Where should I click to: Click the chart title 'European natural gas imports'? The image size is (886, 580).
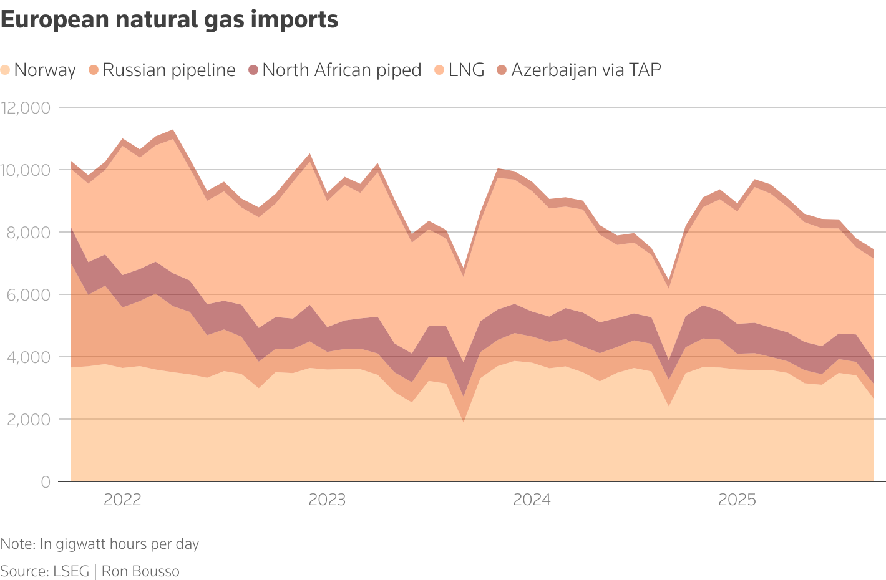pyautogui.click(x=169, y=20)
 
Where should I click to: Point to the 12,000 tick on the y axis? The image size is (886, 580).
pyautogui.click(x=26, y=108)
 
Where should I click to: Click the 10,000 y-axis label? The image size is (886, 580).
pyautogui.click(x=26, y=170)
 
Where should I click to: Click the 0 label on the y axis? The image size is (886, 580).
pyautogui.click(x=46, y=482)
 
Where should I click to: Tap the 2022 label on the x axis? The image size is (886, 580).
pyautogui.click(x=122, y=500)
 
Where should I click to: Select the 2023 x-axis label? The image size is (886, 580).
pyautogui.click(x=327, y=500)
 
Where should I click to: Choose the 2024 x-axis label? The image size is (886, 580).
pyautogui.click(x=532, y=500)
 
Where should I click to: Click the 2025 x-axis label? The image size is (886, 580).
pyautogui.click(x=737, y=500)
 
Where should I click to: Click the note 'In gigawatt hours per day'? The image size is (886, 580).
pyautogui.click(x=119, y=544)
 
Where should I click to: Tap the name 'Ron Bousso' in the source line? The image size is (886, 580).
pyautogui.click(x=140, y=571)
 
